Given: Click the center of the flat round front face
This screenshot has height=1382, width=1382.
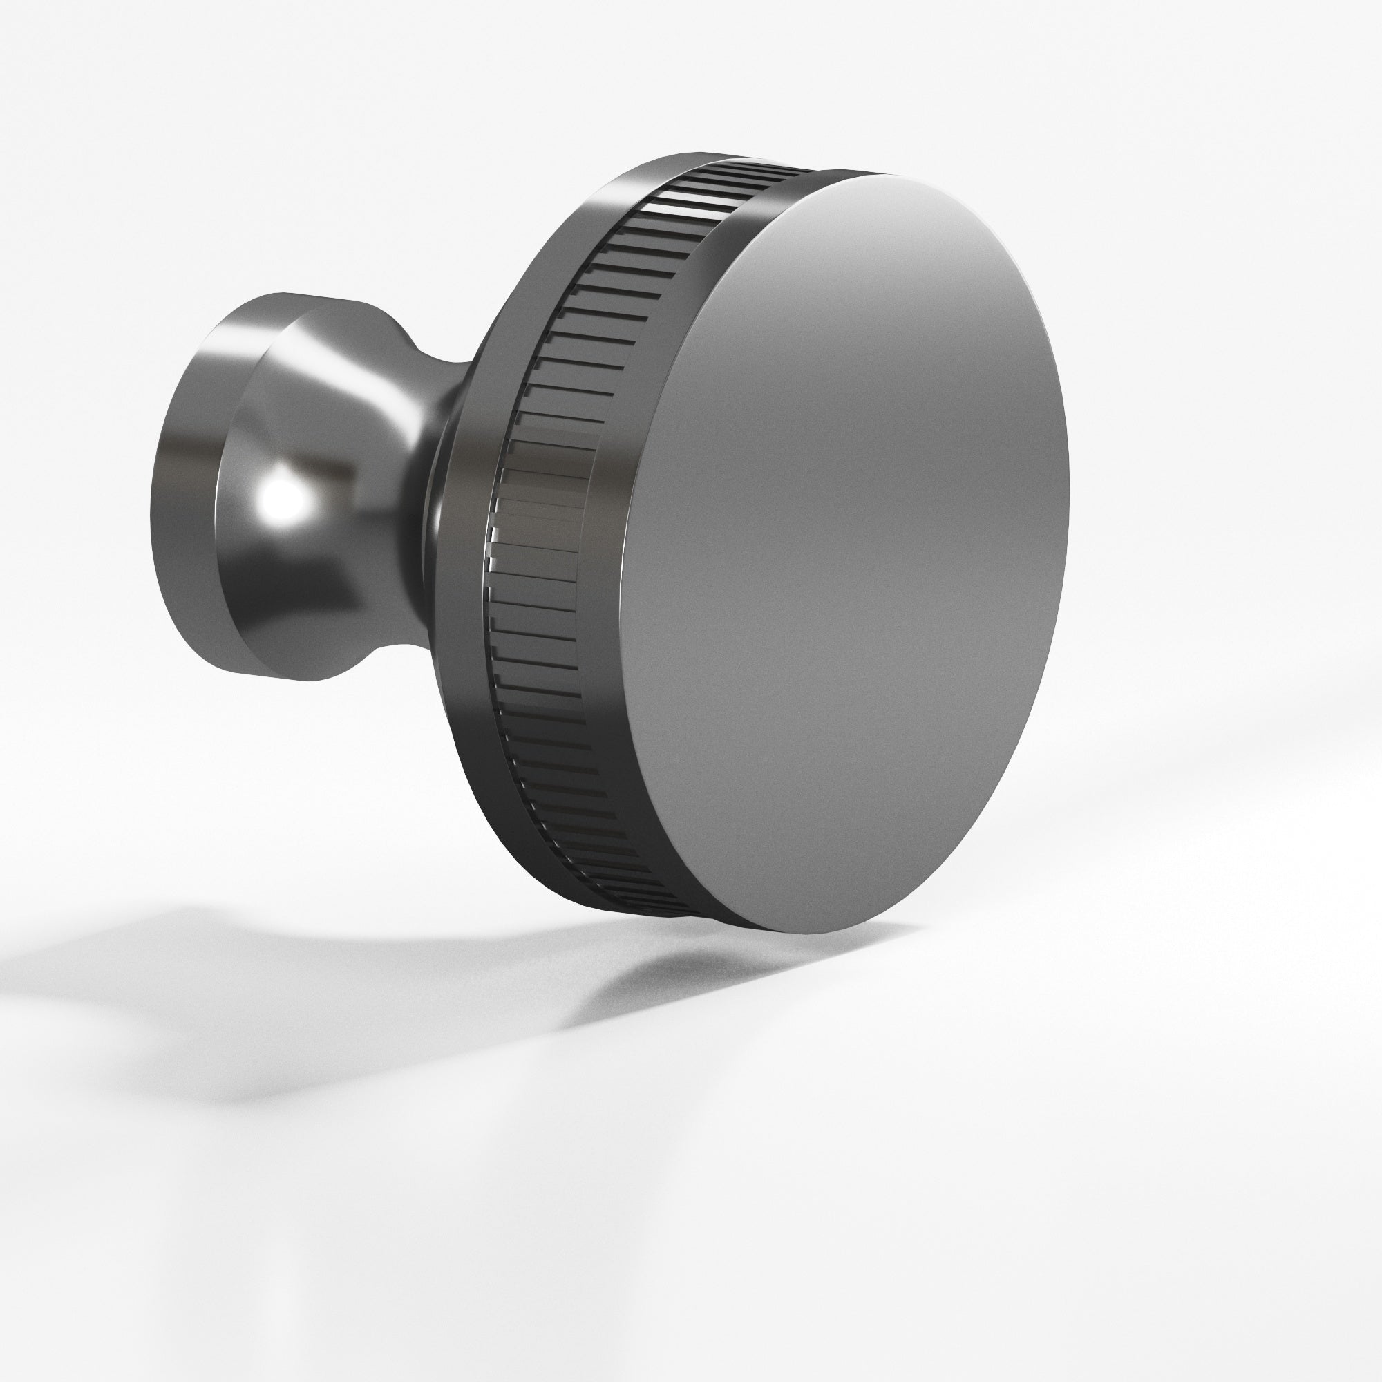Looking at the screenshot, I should click(x=844, y=551).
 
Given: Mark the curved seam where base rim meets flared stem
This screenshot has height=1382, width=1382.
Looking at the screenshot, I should click(x=222, y=501).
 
